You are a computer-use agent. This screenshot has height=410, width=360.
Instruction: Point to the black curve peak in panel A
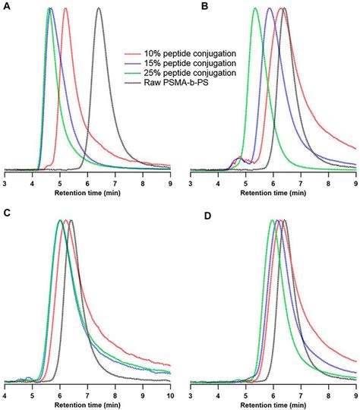99,9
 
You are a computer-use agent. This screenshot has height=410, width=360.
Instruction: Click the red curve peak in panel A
65,9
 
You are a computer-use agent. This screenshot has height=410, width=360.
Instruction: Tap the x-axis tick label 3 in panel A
5,184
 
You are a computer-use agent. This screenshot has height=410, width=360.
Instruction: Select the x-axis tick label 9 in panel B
355,184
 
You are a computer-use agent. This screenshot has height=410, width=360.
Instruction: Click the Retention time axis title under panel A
87,193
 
